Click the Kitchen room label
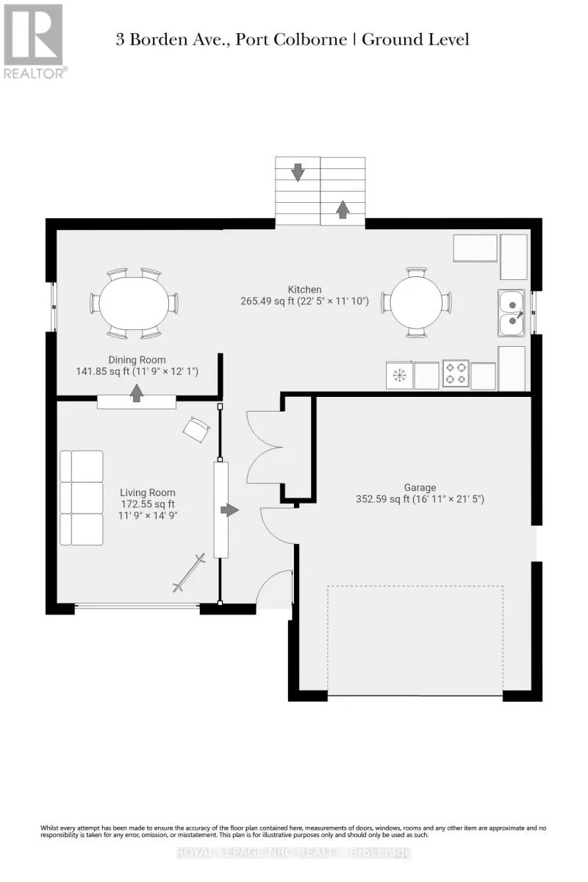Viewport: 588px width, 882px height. pyautogui.click(x=304, y=290)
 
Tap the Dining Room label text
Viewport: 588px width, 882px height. pyautogui.click(x=137, y=359)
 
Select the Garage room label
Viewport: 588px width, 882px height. pyautogui.click(x=420, y=487)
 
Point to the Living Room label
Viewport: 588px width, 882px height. pyautogui.click(x=148, y=492)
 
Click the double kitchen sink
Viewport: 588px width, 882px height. pyautogui.click(x=512, y=312)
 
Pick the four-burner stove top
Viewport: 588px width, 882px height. pyautogui.click(x=456, y=373)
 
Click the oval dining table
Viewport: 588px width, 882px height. pyautogui.click(x=134, y=303)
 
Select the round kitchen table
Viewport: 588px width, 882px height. pyautogui.click(x=416, y=303)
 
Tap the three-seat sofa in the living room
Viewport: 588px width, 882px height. pyautogui.click(x=82, y=498)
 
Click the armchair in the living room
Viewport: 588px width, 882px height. pyautogui.click(x=196, y=429)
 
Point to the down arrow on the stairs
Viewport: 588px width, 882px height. pyautogui.click(x=298, y=173)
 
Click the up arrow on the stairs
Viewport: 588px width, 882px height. pyautogui.click(x=343, y=209)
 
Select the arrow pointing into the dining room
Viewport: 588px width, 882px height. pyautogui.click(x=137, y=393)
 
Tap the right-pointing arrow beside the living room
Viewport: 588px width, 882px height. pyautogui.click(x=229, y=510)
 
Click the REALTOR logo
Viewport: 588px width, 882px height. pyautogui.click(x=35, y=41)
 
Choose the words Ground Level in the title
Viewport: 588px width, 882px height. pyautogui.click(x=415, y=40)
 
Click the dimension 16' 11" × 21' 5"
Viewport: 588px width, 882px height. pyautogui.click(x=448, y=499)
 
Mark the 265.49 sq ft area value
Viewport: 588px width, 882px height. pyautogui.click(x=268, y=301)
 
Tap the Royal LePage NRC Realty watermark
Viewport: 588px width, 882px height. pyautogui.click(x=293, y=853)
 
